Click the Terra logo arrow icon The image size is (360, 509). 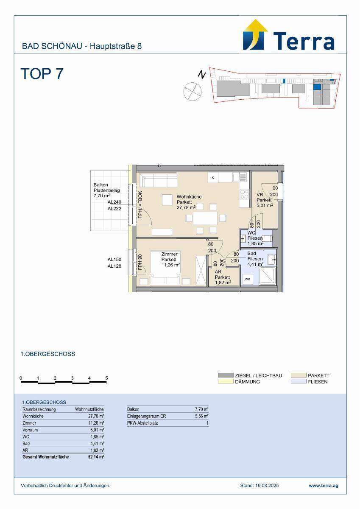[x=255, y=35]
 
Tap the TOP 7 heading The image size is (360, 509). [x=42, y=74]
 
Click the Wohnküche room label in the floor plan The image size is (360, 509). [x=189, y=197]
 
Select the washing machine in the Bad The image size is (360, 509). [x=248, y=279]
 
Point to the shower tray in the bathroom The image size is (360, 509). [x=268, y=276]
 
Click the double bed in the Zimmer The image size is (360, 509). [x=165, y=268]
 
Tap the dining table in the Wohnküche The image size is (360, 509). [x=205, y=218]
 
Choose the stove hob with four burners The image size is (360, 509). [x=244, y=194]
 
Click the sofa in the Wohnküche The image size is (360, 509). [x=158, y=180]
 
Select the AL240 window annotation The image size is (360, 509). [x=114, y=202]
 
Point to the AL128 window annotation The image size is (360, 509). [x=114, y=266]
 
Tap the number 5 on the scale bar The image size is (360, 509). [x=106, y=378]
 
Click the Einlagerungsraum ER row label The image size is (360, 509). [x=146, y=416]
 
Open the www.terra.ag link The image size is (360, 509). [x=324, y=486]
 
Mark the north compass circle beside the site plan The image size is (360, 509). [x=193, y=91]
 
